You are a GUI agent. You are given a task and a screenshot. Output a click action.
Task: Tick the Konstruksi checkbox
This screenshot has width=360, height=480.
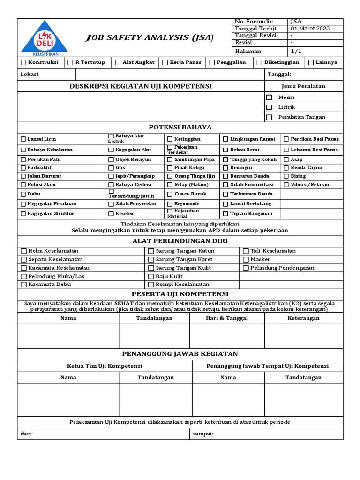point(23,62)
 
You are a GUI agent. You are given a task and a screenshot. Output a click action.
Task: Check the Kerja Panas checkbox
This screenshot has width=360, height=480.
point(165,62)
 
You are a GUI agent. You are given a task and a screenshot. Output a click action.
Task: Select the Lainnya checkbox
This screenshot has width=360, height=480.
point(310,62)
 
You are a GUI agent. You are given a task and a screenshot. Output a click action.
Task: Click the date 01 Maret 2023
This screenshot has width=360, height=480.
point(310,29)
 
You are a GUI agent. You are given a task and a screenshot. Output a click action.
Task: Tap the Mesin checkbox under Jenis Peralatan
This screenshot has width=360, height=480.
point(269,97)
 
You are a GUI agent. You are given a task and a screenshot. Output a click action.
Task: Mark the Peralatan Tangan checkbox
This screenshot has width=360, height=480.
point(269,117)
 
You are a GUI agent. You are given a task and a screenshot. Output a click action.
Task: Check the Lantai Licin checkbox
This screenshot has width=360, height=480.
point(23,139)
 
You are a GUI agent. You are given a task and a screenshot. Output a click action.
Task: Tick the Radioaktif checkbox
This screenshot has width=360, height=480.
point(23,167)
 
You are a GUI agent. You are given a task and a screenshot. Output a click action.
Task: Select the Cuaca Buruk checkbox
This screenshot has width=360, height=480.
point(170,194)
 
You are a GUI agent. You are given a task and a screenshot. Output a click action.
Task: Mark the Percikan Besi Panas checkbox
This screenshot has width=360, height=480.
point(286,139)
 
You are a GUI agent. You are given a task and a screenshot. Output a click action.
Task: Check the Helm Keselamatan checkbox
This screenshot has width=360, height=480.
point(24,251)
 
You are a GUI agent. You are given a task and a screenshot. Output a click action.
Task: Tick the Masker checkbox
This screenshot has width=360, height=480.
point(246,259)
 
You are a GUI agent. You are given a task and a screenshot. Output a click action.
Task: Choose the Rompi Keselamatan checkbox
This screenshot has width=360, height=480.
point(151,285)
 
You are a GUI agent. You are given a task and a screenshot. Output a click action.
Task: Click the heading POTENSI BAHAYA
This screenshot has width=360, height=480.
point(180,127)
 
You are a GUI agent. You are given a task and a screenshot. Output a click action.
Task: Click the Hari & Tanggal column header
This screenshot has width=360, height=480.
point(227,318)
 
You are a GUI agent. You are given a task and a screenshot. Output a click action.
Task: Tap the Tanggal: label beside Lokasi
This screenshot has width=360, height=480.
point(279,74)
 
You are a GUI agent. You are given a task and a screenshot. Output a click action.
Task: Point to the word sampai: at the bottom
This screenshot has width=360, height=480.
point(203,434)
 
